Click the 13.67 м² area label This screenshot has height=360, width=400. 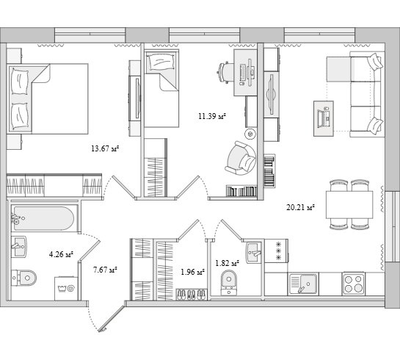pos(106,148)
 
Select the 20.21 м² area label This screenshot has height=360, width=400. pos(300,207)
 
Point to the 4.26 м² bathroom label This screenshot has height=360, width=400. pos(61,254)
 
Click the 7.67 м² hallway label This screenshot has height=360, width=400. pos(105,270)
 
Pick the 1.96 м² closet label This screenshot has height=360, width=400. pos(193,272)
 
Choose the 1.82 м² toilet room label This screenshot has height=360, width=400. pos(228,263)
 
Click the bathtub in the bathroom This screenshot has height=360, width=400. pos(44,218)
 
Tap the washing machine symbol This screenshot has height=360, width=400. pos(66,289)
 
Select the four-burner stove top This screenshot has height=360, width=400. pos(353,284)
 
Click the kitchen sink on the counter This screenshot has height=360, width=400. pos(303,284)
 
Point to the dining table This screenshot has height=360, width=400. pos(349,204)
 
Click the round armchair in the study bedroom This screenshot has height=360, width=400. pos(240,158)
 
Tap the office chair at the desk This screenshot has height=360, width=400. pos(226,72)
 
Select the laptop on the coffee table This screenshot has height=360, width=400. pos(324,118)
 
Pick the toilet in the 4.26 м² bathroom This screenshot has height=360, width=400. pos(24,278)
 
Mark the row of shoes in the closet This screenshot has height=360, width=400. pos(192,294)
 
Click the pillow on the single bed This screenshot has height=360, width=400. pos(161,62)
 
